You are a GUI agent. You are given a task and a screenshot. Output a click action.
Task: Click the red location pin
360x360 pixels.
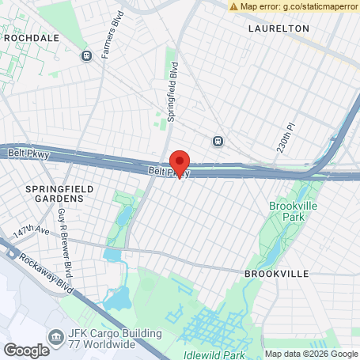pos(180,164)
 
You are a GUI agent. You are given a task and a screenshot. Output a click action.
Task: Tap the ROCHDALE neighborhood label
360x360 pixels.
pos(32,37)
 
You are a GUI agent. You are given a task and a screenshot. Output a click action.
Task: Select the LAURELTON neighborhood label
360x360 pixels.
pos(278,28)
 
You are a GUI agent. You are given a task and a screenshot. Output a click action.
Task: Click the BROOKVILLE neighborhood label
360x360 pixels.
pos(276,273)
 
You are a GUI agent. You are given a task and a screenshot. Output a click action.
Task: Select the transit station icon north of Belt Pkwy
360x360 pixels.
pos(217,141)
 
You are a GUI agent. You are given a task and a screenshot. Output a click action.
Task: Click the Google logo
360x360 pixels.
pos(26,350)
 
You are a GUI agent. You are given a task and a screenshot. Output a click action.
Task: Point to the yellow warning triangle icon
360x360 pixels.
pos(234,6)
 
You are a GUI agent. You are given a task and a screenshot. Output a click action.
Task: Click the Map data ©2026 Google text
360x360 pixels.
pos(311,354)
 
